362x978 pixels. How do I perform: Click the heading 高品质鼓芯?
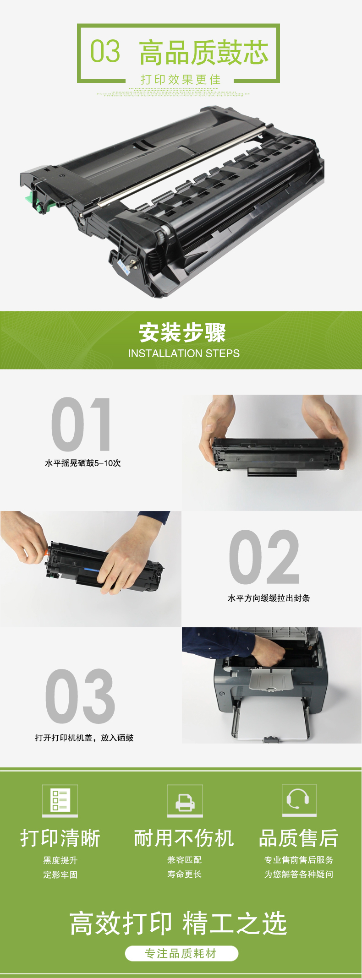(204, 52)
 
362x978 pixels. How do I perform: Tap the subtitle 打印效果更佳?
(181, 80)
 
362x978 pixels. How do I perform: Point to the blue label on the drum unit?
(123, 266)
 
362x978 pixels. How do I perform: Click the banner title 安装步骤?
(182, 332)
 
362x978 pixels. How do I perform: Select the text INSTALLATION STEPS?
(184, 353)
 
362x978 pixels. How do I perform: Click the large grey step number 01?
(81, 424)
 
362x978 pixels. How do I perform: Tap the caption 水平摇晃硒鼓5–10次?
(83, 463)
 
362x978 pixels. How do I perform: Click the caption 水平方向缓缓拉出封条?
(269, 598)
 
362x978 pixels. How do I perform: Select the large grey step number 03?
(80, 696)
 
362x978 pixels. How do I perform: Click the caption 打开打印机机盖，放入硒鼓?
(84, 738)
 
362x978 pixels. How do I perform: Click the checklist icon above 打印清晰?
(60, 799)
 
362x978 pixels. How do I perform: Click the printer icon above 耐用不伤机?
(185, 799)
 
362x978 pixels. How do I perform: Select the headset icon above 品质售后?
(299, 799)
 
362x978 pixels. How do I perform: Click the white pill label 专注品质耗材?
(181, 953)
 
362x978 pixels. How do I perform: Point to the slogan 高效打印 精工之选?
(178, 923)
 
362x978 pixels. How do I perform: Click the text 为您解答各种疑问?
(299, 874)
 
